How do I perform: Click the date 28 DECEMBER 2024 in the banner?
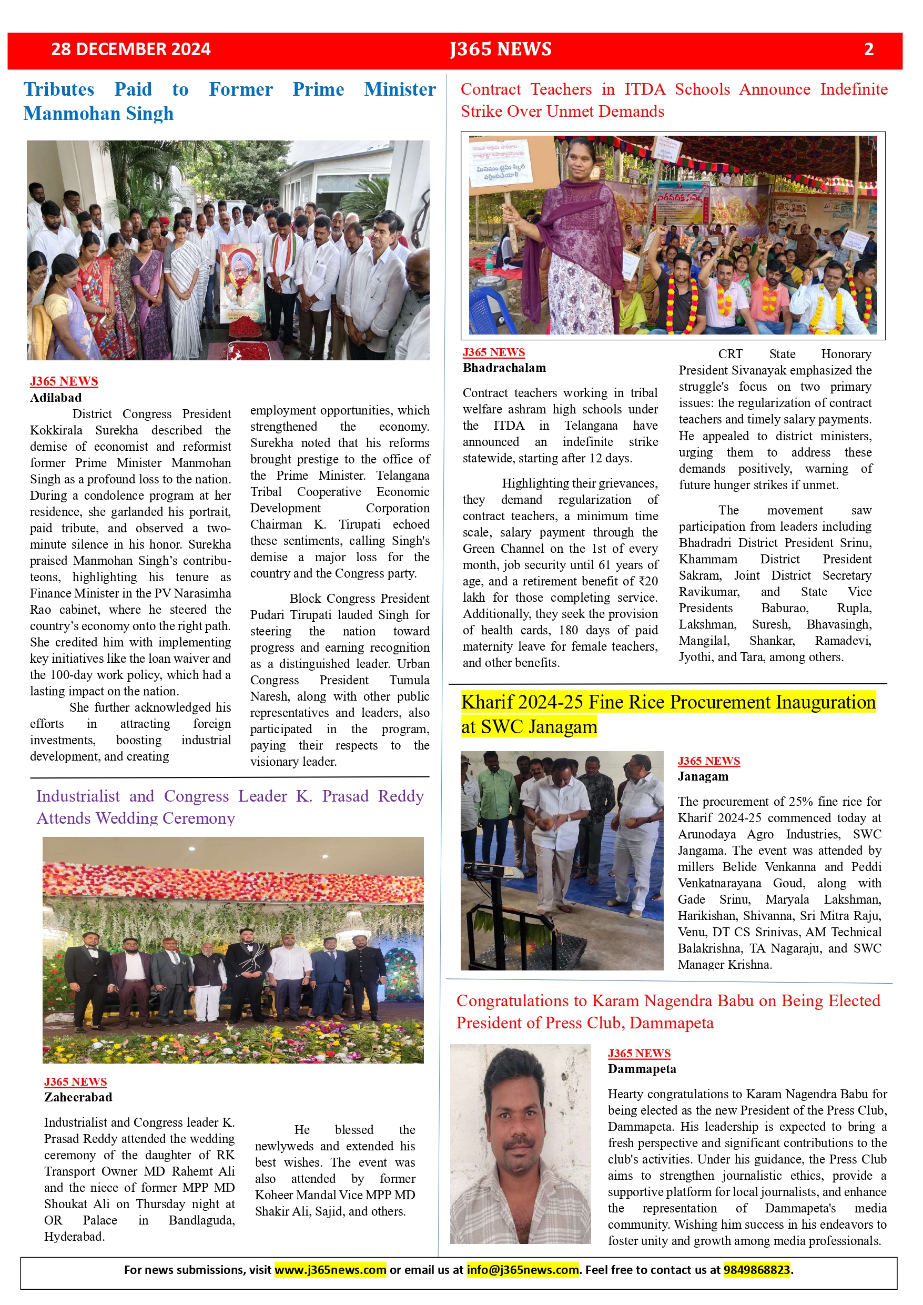[131, 49]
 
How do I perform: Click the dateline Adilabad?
[56, 397]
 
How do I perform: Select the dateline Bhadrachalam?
[504, 368]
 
